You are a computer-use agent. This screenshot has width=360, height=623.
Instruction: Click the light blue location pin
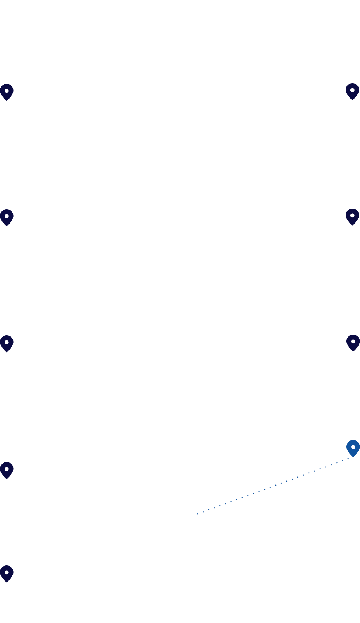[x=353, y=448]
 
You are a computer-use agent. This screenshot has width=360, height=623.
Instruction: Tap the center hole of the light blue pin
[x=353, y=447]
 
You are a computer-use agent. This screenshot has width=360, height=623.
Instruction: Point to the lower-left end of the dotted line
[x=197, y=514]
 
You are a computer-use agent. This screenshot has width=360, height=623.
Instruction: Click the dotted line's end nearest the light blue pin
[x=349, y=458]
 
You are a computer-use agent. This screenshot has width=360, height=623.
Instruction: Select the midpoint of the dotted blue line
[x=273, y=486]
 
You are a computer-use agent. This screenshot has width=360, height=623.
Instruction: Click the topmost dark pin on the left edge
[x=7, y=92]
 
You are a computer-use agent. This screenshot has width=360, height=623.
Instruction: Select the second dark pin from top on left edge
[x=7, y=218]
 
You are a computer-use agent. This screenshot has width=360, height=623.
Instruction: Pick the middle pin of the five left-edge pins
[x=7, y=343]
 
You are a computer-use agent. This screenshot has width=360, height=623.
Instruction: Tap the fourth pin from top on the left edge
[x=7, y=470]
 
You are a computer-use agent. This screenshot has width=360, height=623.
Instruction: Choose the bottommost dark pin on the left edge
[x=7, y=574]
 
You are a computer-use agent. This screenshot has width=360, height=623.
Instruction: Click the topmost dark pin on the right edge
[x=352, y=91]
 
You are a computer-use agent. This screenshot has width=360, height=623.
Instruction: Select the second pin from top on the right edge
[x=352, y=217]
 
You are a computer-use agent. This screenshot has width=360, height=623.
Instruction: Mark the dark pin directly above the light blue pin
[x=353, y=343]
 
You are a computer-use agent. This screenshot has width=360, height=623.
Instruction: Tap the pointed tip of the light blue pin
[x=353, y=457]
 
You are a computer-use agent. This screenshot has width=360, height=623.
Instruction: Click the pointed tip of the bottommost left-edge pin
[x=7, y=582]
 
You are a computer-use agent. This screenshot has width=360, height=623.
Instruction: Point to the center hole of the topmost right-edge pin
[x=352, y=90]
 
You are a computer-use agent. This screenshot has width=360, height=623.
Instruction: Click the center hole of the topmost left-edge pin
[x=7, y=91]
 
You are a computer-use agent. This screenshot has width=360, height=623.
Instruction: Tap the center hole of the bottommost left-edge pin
[x=7, y=572]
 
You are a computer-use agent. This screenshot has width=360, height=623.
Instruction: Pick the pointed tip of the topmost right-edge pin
[x=352, y=100]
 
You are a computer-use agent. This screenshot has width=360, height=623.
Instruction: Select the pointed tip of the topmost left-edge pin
[x=7, y=101]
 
